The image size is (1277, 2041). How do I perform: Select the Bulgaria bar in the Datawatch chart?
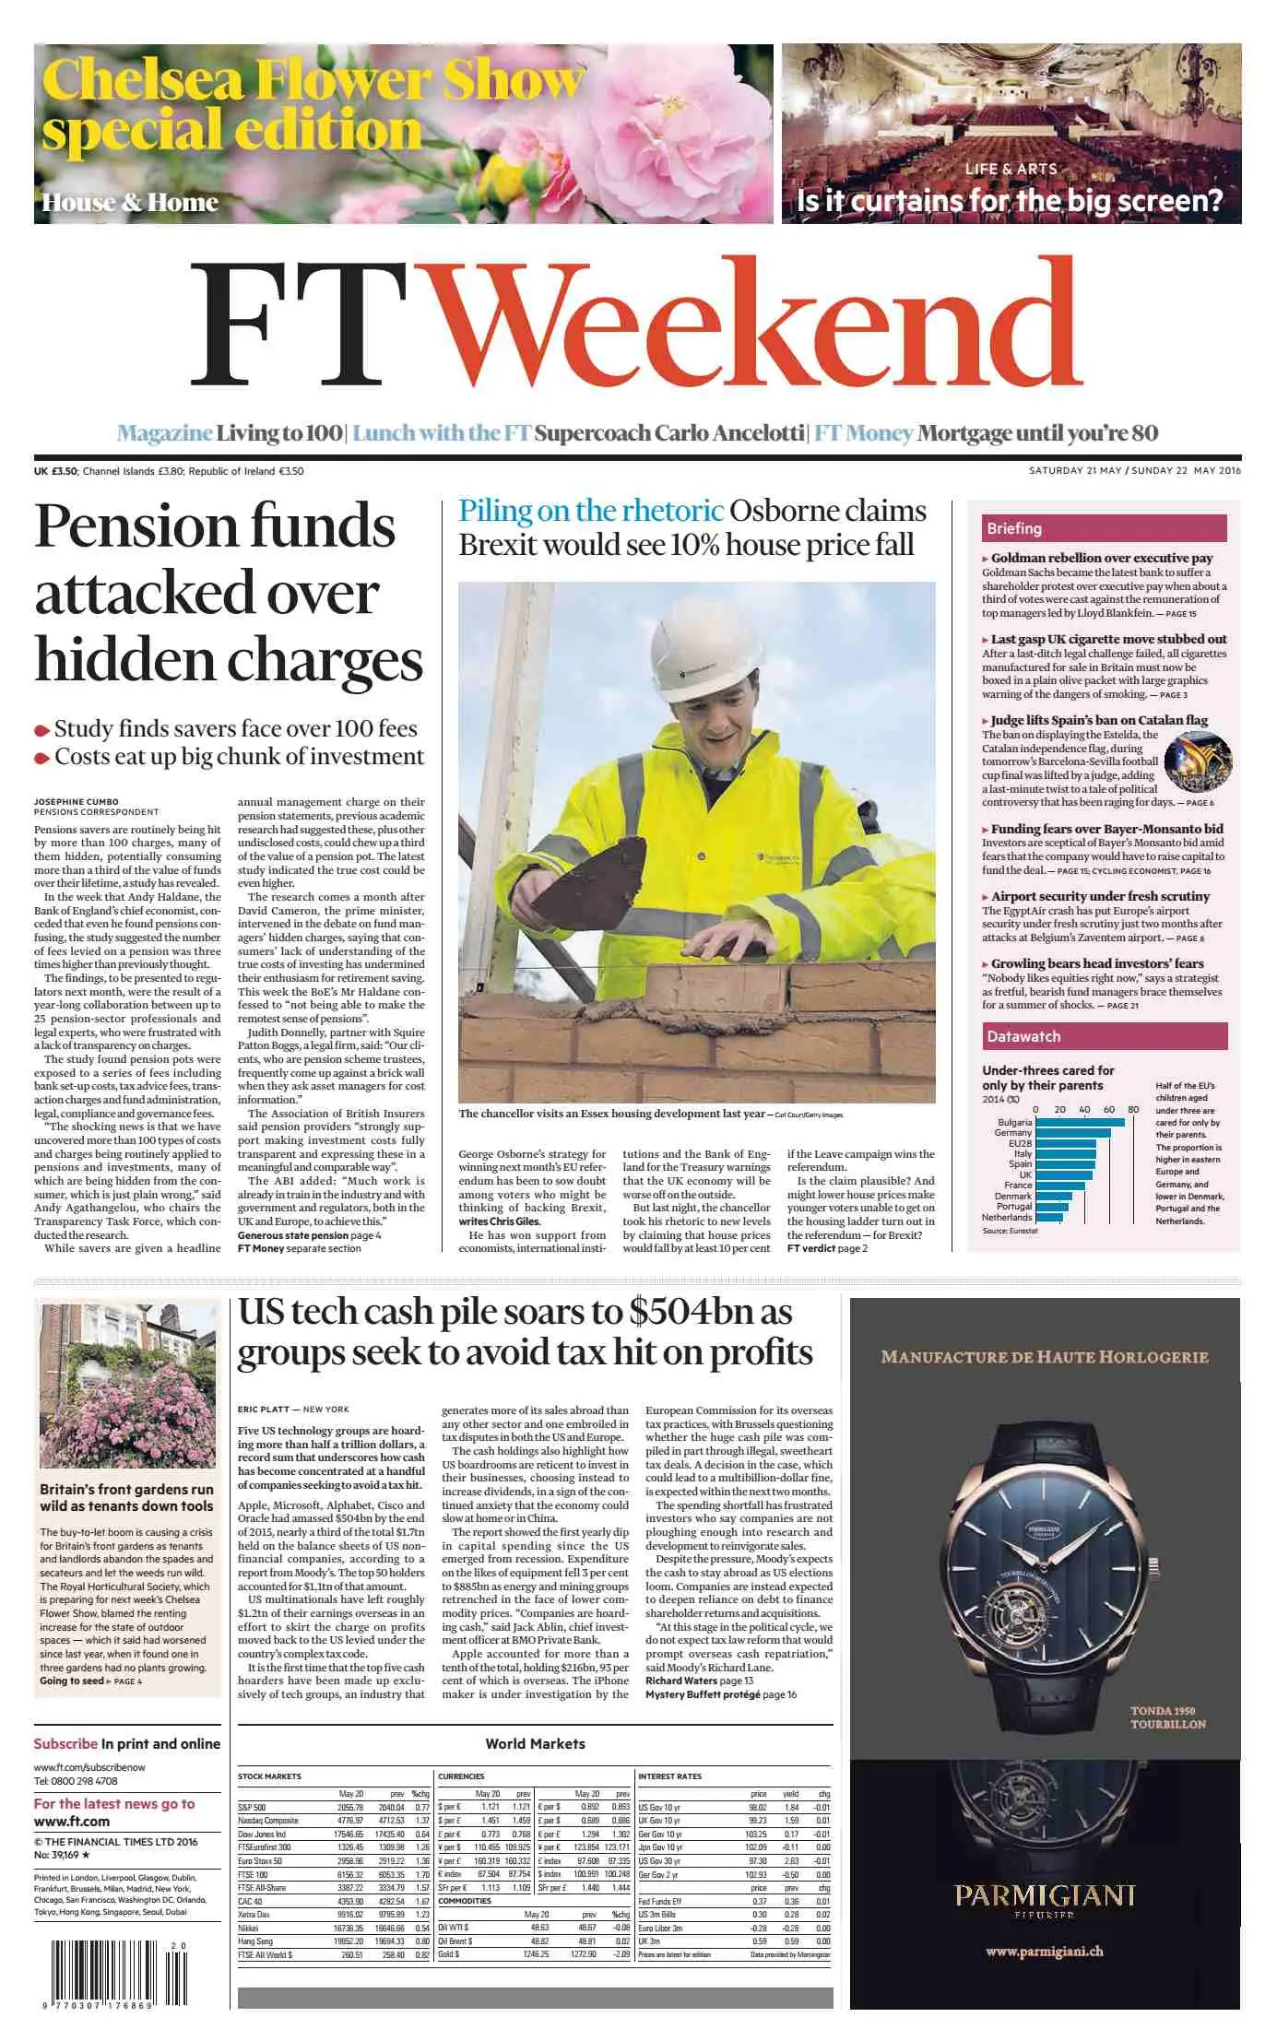pos(1080,1122)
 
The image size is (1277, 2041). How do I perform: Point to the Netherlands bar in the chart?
pos(1048,1217)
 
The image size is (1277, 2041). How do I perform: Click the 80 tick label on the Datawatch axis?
pos(1133,1109)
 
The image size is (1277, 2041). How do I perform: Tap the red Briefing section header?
pos(1104,528)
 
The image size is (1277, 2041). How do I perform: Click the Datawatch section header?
pos(1104,1036)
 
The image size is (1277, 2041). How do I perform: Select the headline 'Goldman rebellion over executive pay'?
pos(1102,558)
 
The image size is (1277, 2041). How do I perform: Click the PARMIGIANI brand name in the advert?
pos(1044,1895)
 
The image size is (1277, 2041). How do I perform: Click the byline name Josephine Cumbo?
pos(77,801)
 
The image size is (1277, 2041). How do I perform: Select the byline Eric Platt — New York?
pos(293,1409)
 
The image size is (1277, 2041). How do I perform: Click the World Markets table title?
pos(535,1743)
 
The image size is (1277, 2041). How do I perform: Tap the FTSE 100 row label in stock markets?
pos(253,1874)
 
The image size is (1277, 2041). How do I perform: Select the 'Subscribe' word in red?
pos(65,1743)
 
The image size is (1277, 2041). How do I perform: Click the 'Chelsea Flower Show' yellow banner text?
pos(313,80)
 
